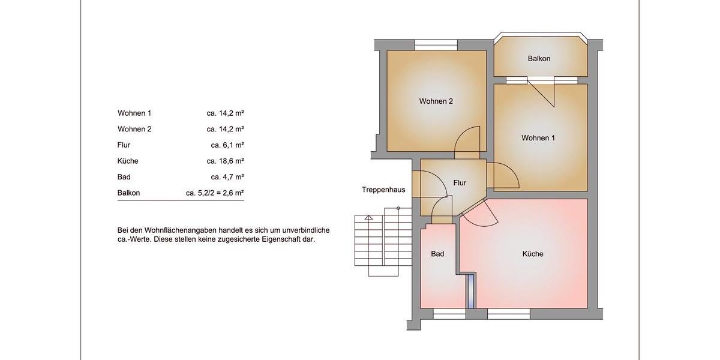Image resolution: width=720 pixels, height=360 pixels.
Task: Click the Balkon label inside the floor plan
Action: click(539, 59)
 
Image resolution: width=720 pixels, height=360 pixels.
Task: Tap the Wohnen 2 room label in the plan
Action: click(436, 101)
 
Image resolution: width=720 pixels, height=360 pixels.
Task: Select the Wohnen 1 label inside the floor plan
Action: click(538, 138)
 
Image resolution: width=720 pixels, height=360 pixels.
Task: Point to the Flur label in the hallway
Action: click(460, 183)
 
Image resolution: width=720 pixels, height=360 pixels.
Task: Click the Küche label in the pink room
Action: click(533, 254)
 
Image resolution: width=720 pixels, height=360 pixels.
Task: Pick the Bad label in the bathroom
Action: click(437, 254)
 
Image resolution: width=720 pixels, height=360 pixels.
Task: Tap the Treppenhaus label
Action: click(383, 190)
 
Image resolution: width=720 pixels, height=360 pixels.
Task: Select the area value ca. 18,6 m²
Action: click(225, 161)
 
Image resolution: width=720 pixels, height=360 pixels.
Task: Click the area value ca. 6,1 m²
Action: click(227, 145)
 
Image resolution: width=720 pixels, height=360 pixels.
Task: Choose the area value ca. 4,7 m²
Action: click(227, 177)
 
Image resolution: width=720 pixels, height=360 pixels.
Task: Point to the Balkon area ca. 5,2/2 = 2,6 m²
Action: click(215, 193)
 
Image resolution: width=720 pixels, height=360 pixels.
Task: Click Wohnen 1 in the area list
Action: click(134, 113)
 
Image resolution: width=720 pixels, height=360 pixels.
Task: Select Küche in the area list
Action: click(128, 161)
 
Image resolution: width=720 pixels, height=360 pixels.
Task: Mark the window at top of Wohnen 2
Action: click(436, 45)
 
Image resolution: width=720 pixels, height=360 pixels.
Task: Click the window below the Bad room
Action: click(449, 313)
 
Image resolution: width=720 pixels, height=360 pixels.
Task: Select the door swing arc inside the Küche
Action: click(480, 214)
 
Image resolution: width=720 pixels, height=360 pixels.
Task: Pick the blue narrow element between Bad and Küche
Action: click(471, 290)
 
